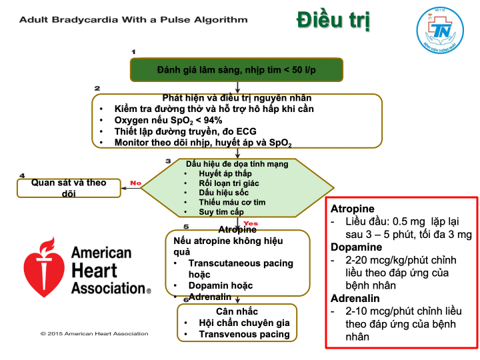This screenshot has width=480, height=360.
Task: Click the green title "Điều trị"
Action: [x=333, y=20]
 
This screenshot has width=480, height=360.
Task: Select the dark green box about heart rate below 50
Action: [x=237, y=69]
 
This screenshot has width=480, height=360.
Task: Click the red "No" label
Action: [x=136, y=182]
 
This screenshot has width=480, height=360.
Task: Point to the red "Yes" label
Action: [x=251, y=223]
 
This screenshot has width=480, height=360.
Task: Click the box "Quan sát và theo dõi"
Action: [x=69, y=188]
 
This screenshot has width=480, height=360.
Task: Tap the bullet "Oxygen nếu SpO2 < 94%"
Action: [x=168, y=120]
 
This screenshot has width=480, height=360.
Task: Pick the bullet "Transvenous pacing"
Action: [x=244, y=334]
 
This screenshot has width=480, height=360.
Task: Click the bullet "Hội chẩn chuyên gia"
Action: [x=244, y=323]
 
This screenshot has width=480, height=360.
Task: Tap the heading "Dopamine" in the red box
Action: [x=357, y=247]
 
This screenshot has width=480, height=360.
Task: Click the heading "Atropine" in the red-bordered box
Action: [x=353, y=208]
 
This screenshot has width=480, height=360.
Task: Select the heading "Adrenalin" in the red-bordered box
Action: [x=357, y=298]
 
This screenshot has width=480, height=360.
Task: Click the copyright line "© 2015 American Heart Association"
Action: [x=94, y=333]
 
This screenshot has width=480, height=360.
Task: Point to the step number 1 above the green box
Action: [x=133, y=51]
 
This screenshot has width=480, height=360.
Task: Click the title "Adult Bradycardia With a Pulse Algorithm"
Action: [x=133, y=19]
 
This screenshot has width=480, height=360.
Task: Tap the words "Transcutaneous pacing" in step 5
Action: [x=241, y=263]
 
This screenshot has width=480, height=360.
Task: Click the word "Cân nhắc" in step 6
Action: [x=237, y=311]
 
